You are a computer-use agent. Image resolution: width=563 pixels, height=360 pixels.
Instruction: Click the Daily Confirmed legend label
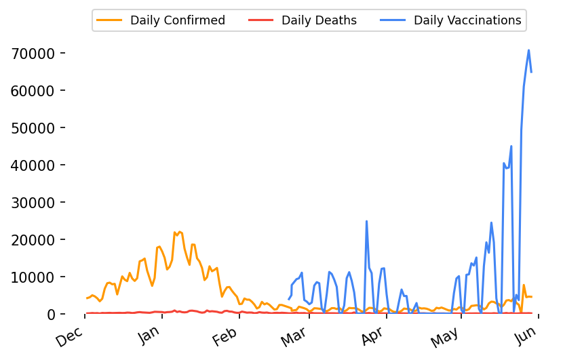click(177, 20)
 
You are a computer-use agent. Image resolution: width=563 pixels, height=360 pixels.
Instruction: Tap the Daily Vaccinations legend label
click(467, 20)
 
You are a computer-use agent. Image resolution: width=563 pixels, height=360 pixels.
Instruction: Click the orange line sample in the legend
click(110, 20)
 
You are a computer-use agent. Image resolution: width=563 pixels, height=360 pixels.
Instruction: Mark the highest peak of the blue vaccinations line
click(528, 50)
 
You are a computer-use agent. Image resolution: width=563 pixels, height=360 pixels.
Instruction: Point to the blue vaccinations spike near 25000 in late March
click(366, 221)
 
